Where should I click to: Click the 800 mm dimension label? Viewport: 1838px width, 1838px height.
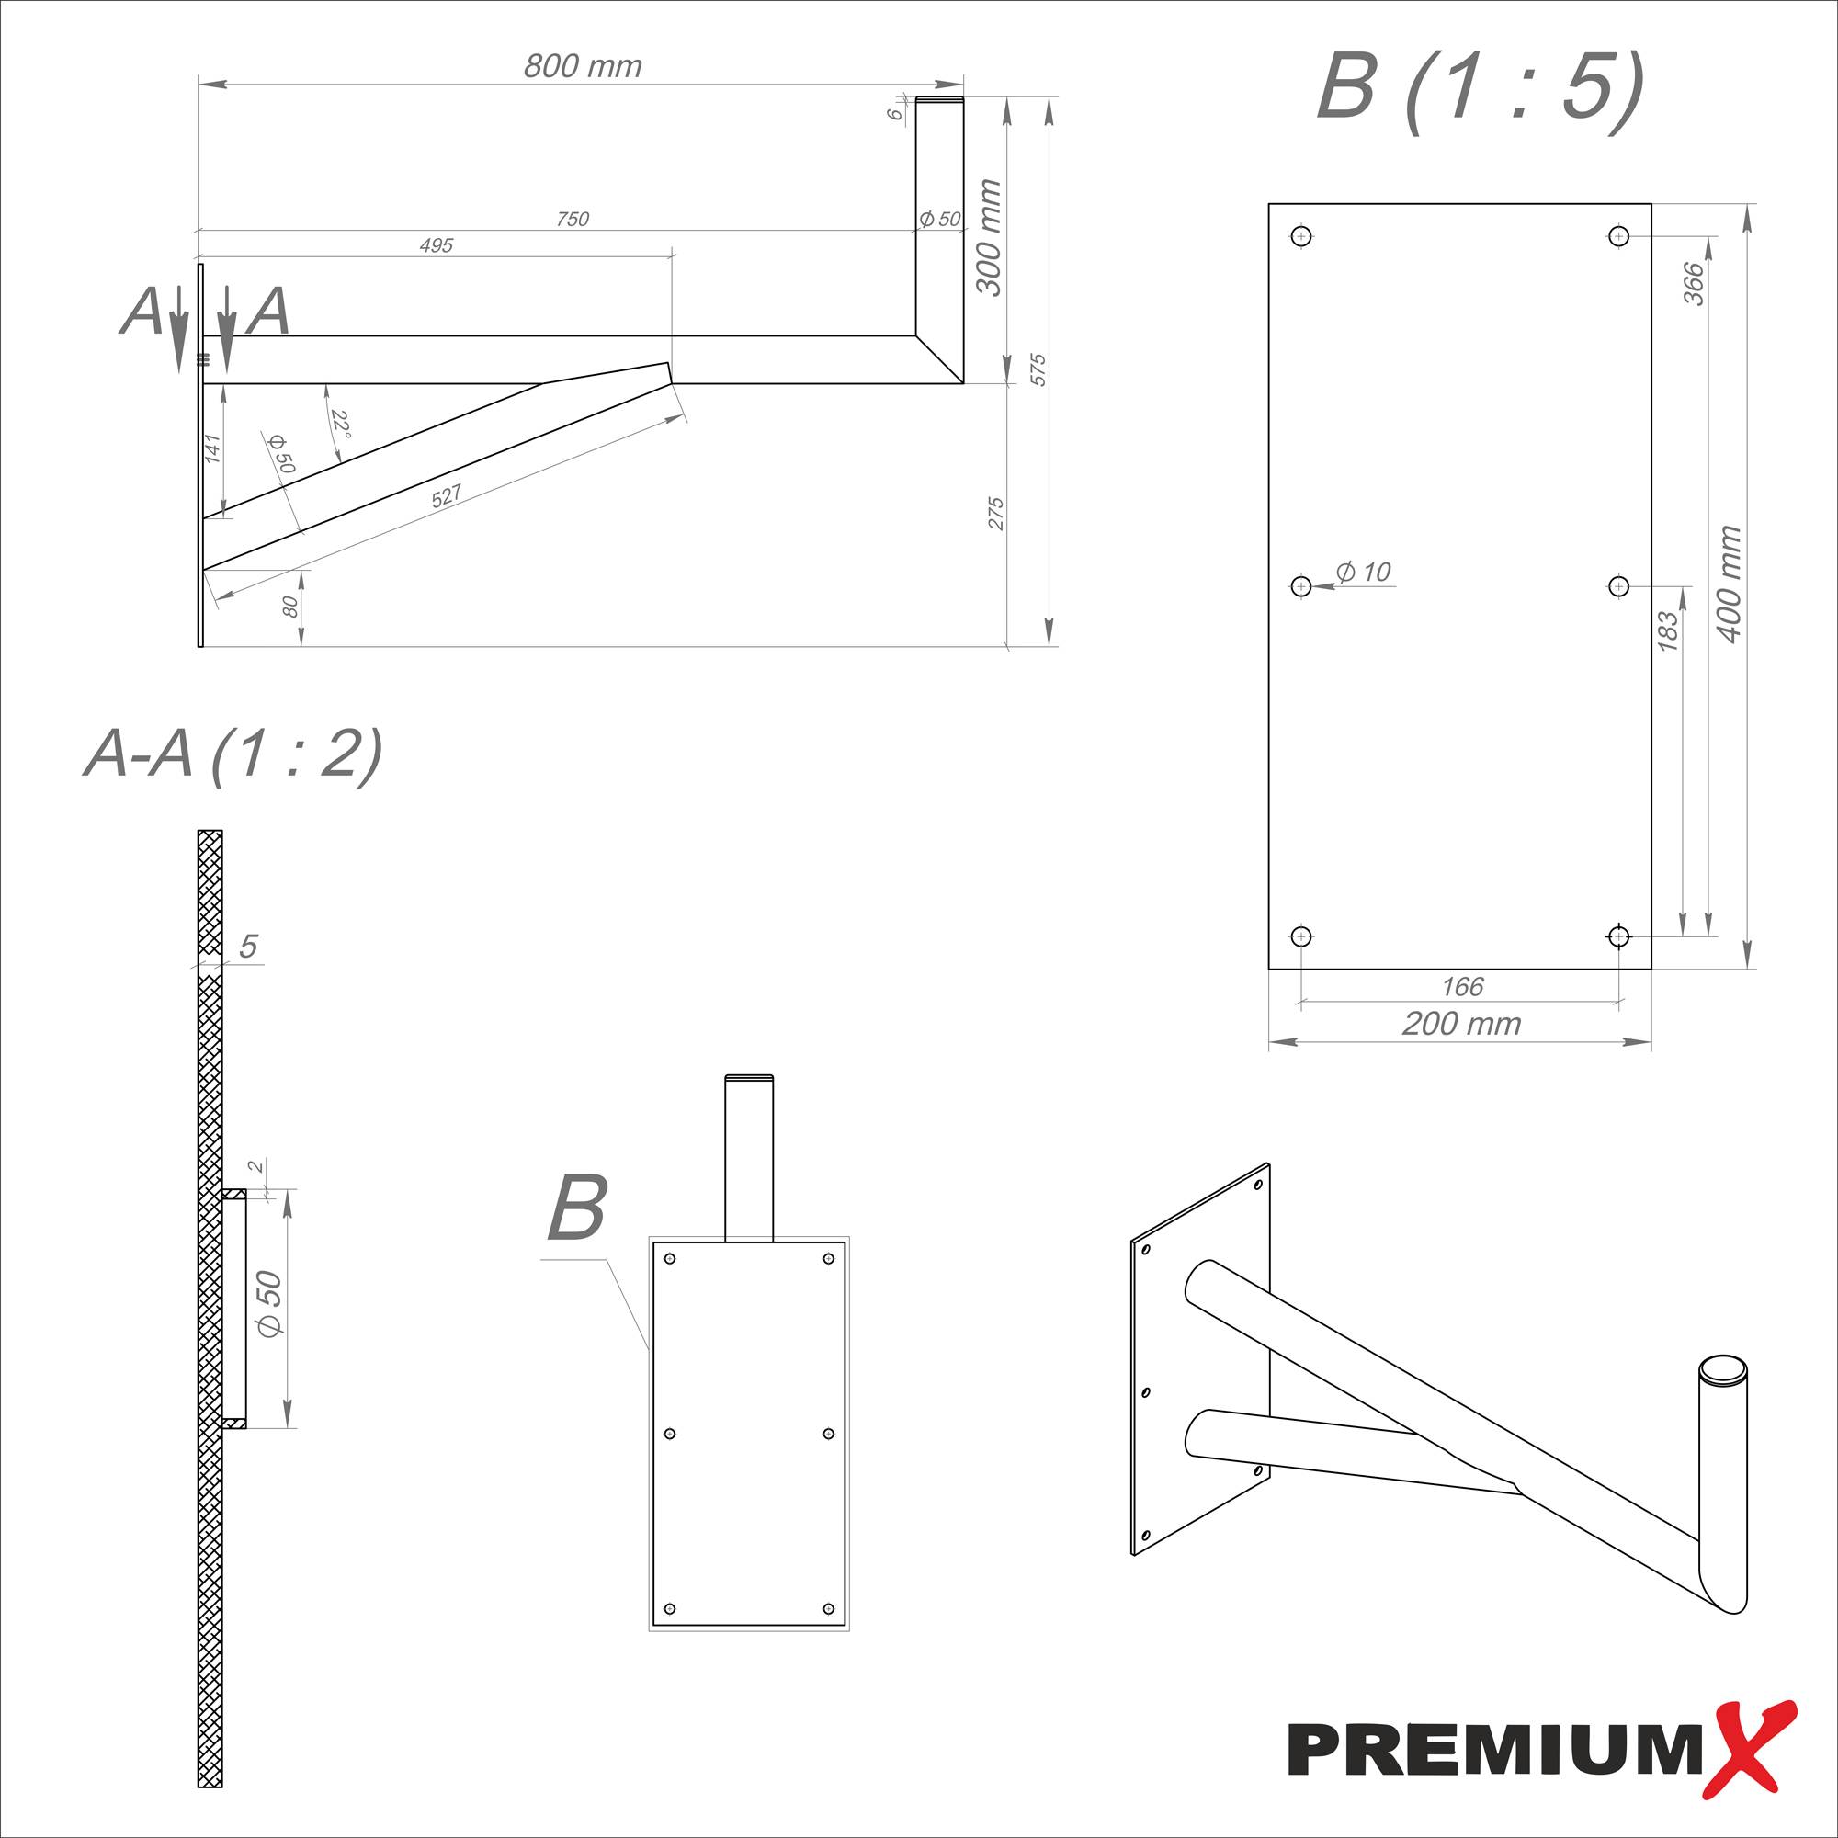click(583, 66)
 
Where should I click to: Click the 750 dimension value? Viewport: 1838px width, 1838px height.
click(572, 220)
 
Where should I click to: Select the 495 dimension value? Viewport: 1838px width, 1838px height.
click(436, 246)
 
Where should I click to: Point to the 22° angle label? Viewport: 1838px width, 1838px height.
click(341, 425)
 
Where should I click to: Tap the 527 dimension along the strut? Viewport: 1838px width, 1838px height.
click(447, 495)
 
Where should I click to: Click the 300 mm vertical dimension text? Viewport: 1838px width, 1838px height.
click(990, 238)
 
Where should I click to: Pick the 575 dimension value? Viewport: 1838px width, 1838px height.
click(1038, 369)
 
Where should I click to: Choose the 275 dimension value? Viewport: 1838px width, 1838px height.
click(996, 514)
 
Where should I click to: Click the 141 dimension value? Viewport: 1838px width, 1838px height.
click(213, 449)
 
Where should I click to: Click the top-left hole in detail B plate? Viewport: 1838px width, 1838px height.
click(1302, 236)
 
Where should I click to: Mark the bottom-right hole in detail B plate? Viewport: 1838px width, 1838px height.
click(1618, 937)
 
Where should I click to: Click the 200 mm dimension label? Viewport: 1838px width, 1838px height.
click(1461, 1024)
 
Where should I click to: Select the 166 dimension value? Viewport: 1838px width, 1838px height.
click(1462, 986)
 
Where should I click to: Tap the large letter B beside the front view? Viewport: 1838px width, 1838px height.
click(577, 1208)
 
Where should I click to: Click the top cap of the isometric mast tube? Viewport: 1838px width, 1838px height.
click(1723, 1369)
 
